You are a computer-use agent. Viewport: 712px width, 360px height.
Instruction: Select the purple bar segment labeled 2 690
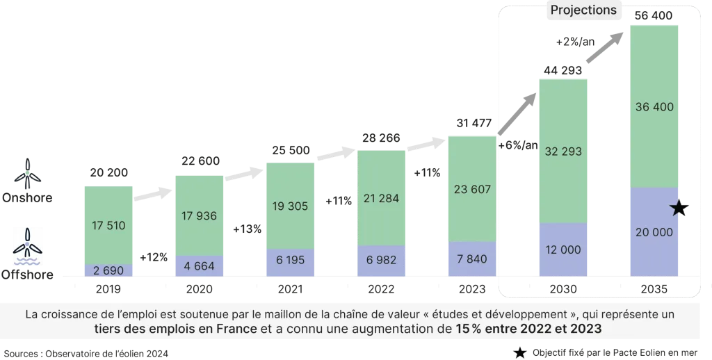tap(108, 270)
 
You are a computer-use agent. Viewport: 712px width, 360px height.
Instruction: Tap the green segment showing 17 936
tap(198, 215)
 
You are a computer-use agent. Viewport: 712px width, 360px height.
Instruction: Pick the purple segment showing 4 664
tap(198, 265)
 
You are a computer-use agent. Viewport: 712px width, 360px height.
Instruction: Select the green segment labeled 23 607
tap(471, 188)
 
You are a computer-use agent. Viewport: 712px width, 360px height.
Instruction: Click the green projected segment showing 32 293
tap(564, 151)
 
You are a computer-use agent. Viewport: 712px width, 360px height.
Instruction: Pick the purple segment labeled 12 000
tap(564, 249)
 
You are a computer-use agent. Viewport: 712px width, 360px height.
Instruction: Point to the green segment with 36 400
tap(654, 107)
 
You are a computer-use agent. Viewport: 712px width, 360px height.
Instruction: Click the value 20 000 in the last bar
tap(654, 232)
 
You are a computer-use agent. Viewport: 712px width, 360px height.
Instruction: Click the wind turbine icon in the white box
tap(28, 240)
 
